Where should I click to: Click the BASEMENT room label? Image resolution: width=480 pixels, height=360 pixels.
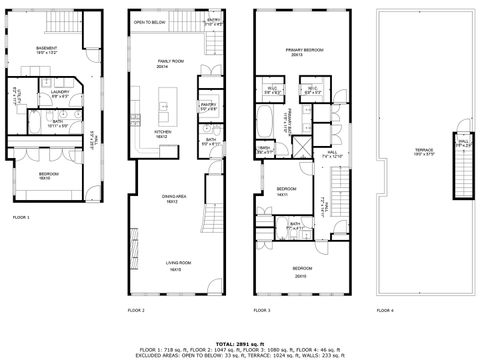(46, 48)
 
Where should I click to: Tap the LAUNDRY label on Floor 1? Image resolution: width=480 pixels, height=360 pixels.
(59, 93)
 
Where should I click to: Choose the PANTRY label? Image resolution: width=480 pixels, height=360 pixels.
(209, 103)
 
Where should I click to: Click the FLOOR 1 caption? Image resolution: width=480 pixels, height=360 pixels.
(21, 216)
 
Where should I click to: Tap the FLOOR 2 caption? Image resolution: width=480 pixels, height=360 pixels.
(136, 311)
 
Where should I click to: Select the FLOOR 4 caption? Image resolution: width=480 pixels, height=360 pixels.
(385, 311)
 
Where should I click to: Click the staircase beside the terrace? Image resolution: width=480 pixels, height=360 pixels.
(462, 170)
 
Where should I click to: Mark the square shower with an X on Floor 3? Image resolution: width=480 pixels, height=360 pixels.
(296, 148)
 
